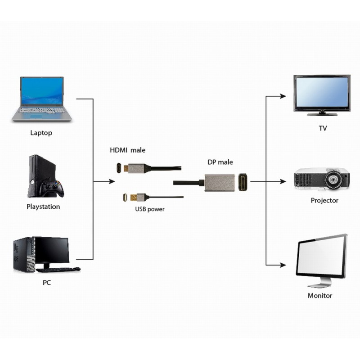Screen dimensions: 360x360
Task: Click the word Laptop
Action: (41, 133)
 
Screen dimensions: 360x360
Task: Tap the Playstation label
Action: (43, 207)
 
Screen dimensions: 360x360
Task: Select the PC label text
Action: (47, 283)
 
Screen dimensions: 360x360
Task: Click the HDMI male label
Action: (128, 150)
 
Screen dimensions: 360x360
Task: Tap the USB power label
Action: (150, 209)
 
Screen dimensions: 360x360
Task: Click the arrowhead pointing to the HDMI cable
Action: (112, 182)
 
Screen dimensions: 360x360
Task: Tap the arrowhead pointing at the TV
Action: (283, 96)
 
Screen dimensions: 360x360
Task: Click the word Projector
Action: (324, 200)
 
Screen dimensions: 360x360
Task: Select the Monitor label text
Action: (320, 296)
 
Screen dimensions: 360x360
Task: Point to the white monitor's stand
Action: (320, 283)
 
